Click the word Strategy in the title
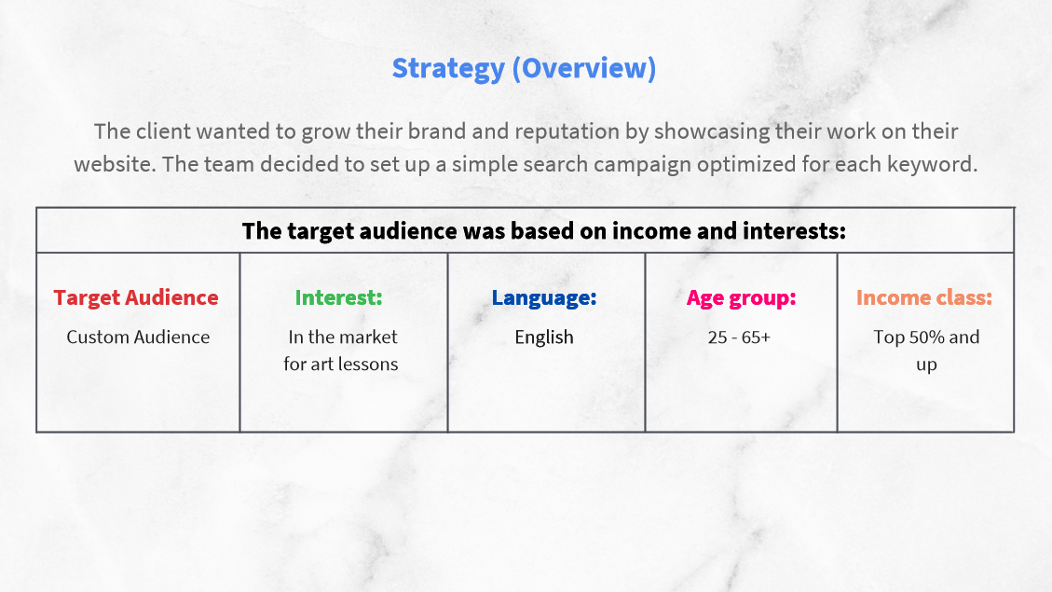point(448,69)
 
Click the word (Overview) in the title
point(584,68)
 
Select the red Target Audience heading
point(136,297)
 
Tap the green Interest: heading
point(339,297)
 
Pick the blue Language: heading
point(544,298)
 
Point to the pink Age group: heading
point(742,298)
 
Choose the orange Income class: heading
point(924,297)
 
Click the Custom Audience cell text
point(138,337)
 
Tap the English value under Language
point(544,337)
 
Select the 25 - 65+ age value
point(739,337)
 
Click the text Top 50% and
point(926,337)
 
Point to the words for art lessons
point(341,364)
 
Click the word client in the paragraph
point(159,131)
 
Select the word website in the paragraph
point(113,164)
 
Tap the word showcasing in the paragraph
point(711,132)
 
